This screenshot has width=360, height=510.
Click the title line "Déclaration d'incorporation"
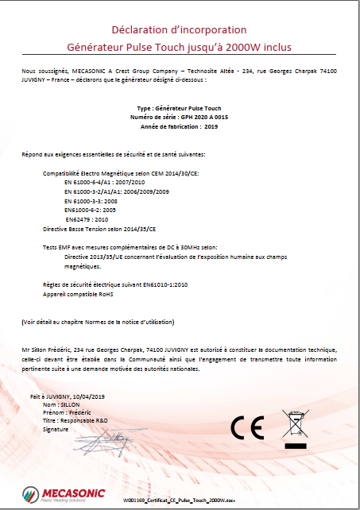(x=180, y=30)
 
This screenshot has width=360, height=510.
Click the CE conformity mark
(x=247, y=427)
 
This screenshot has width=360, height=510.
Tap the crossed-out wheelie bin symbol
(x=293, y=426)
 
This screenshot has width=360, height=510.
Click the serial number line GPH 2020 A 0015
(x=177, y=117)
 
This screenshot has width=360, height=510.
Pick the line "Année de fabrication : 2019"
(x=178, y=127)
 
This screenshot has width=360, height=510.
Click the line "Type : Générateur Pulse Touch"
(x=178, y=107)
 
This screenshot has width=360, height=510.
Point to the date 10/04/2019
(x=95, y=396)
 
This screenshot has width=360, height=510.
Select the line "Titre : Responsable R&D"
(x=77, y=420)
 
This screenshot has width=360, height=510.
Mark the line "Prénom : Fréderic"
(x=70, y=412)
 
